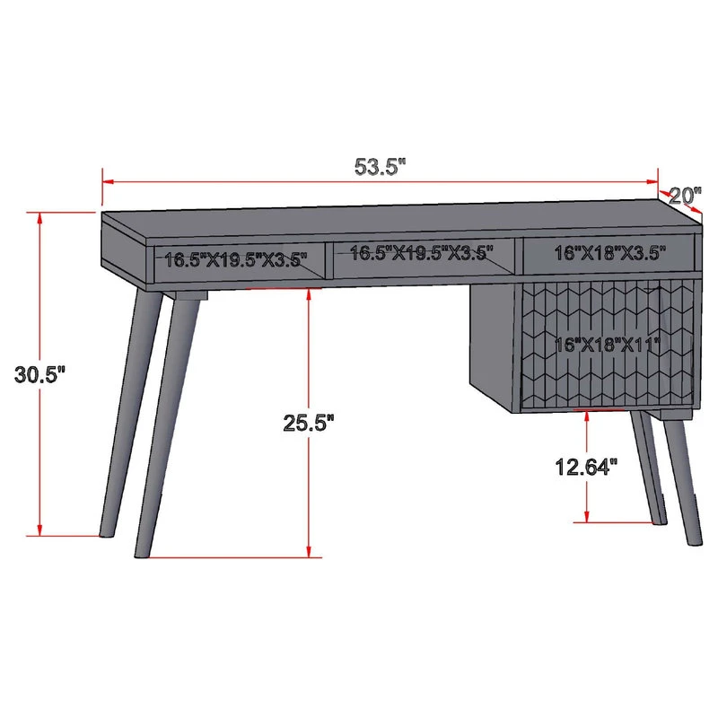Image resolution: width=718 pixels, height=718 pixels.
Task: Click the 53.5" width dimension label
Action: pos(380,167)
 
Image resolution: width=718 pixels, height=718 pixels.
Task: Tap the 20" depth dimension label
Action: pos(685,196)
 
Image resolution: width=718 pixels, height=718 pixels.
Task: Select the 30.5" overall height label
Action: pos(40,374)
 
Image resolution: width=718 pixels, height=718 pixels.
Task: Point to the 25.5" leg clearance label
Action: pos(309,422)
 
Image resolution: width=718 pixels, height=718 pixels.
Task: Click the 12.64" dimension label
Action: pos(587,467)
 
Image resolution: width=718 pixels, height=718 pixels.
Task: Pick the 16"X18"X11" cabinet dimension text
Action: pos(608,344)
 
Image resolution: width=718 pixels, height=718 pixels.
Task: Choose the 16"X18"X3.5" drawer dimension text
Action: pos(610,253)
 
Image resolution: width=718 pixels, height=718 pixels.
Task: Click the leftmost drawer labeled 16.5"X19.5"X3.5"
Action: pos(240,262)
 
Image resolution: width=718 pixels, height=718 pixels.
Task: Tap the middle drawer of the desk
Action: pos(424,258)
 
